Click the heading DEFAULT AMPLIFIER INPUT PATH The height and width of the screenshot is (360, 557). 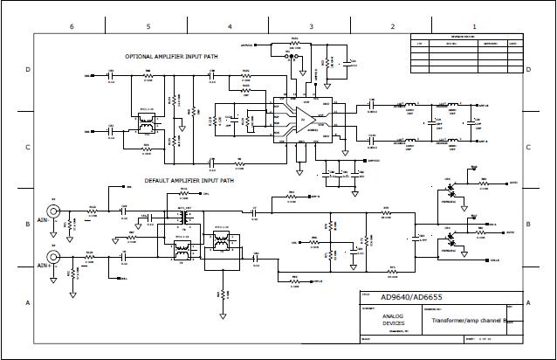tap(189, 181)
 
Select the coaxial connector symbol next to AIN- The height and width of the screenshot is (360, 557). tap(54, 211)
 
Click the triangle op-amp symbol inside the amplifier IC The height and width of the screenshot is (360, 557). tap(302, 121)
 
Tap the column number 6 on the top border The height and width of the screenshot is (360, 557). tap(72, 27)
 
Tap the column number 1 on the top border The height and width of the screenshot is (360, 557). tap(474, 27)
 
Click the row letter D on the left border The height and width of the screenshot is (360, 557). tap(28, 68)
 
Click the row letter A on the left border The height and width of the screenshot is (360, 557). tap(28, 302)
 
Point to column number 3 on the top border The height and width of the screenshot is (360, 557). tap(312, 27)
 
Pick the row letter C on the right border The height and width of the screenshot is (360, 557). tap(528, 146)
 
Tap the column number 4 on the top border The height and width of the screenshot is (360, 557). tap(230, 27)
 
